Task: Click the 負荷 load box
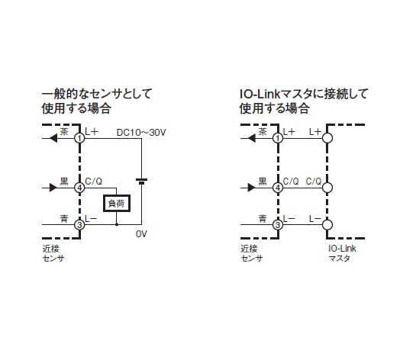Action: point(117,204)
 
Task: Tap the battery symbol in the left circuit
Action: point(141,182)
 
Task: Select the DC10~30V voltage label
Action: point(141,133)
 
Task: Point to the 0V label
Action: point(141,234)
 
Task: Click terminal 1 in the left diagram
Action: point(79,138)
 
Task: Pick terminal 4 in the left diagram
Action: point(79,188)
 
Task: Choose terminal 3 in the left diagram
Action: point(79,225)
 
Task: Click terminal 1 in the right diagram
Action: point(278,138)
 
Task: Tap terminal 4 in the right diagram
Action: point(278,188)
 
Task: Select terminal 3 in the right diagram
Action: point(278,225)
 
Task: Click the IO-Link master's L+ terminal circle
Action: point(327,138)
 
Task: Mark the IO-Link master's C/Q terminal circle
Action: point(327,188)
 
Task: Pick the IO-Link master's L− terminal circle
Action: point(327,225)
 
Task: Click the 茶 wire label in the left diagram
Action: point(64,131)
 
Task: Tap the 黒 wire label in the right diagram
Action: point(263,181)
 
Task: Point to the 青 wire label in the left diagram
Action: point(64,219)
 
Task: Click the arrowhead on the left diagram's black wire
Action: point(53,188)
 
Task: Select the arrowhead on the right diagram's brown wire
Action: point(252,138)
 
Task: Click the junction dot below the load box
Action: point(117,225)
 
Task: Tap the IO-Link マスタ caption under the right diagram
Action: point(342,253)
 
